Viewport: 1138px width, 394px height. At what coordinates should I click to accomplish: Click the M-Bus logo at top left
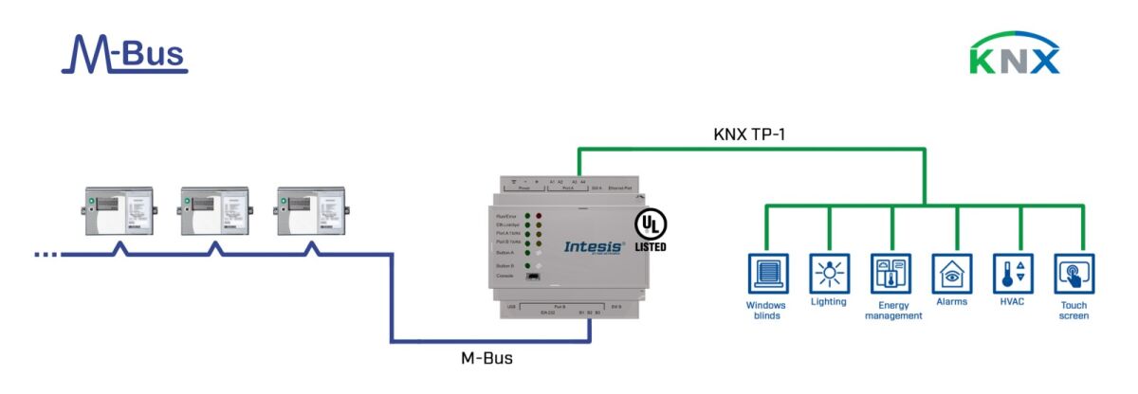pyautogui.click(x=124, y=54)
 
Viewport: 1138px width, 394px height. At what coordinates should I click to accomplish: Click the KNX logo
pyautogui.click(x=1014, y=55)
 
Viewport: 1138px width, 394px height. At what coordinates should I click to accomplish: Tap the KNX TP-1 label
pyautogui.click(x=748, y=134)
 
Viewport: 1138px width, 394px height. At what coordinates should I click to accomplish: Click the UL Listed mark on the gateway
pyautogui.click(x=651, y=230)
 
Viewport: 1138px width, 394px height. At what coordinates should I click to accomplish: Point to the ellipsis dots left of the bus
pyautogui.click(x=46, y=254)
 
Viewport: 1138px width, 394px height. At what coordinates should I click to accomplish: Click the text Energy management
pyautogui.click(x=892, y=311)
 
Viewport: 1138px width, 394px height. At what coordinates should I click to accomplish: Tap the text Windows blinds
pyautogui.click(x=766, y=311)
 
